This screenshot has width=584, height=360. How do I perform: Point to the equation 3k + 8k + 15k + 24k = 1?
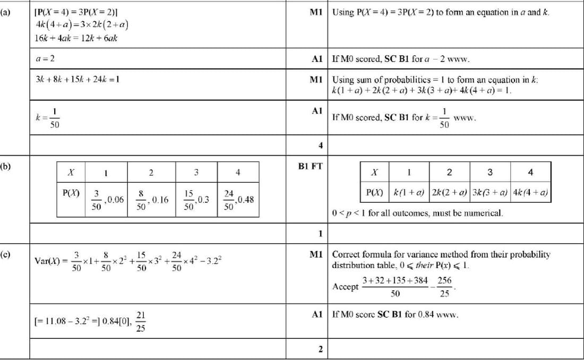pyautogui.click(x=77, y=79)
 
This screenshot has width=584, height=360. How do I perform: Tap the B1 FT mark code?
pyautogui.click(x=311, y=166)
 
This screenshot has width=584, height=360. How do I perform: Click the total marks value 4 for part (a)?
pyautogui.click(x=320, y=145)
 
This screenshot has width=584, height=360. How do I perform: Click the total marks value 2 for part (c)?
pyautogui.click(x=320, y=349)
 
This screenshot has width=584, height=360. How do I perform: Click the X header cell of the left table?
pyautogui.click(x=71, y=172)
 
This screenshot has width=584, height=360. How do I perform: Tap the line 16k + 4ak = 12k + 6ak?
pyautogui.click(x=76, y=38)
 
